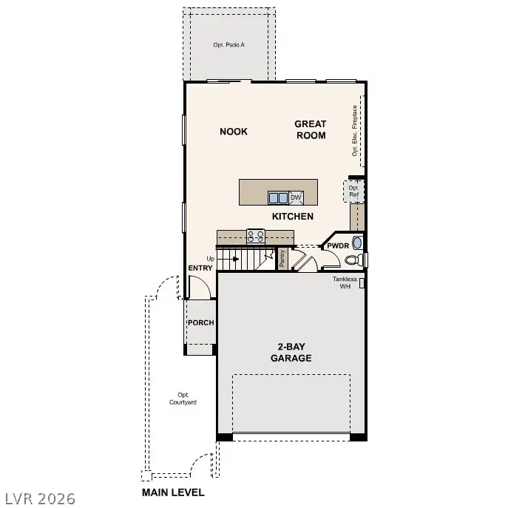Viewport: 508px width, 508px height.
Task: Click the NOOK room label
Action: point(234,132)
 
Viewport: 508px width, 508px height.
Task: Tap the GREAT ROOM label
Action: point(311,129)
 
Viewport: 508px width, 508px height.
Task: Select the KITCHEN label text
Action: point(293,217)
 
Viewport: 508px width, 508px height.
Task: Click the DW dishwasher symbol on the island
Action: point(296,197)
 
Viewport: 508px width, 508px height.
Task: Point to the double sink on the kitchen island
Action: point(278,197)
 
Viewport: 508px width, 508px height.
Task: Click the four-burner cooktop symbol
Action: point(256,237)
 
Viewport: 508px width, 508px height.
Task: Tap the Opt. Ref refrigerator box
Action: point(353,191)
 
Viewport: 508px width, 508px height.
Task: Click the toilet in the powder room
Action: point(354,260)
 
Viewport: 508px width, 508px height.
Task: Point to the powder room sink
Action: point(357,243)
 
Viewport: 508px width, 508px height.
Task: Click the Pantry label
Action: point(282,258)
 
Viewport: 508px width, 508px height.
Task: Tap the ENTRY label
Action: point(200,268)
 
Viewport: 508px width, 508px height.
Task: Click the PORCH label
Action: point(200,323)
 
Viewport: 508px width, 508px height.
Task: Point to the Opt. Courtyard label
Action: point(182,399)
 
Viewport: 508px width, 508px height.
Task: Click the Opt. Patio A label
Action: point(229,45)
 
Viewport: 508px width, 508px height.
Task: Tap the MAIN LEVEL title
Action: point(173,492)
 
